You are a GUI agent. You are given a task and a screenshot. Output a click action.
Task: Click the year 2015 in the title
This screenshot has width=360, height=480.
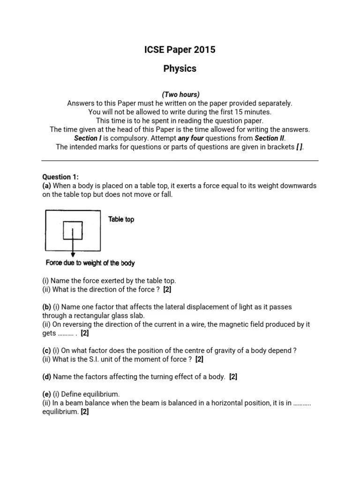point(205,50)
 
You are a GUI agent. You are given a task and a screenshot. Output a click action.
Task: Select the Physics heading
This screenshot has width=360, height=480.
point(180,68)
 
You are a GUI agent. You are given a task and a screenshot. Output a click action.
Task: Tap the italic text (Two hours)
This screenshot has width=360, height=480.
point(180,94)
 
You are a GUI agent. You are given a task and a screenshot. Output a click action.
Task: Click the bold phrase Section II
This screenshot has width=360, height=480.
point(270,138)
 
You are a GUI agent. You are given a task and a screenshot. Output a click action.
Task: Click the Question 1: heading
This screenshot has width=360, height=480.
point(60,177)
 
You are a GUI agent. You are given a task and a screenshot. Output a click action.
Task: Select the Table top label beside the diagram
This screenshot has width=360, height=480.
point(121,219)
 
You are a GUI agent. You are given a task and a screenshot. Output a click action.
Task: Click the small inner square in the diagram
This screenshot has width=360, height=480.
point(73,230)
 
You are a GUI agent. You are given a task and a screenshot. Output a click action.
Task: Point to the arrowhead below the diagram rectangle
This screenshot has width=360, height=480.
point(73,255)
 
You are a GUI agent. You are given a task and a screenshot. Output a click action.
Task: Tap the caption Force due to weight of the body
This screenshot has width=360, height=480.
point(90,263)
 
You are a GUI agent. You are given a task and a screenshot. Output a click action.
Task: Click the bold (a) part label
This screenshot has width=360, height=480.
point(47,186)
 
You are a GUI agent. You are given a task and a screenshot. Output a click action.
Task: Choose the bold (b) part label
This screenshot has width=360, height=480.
point(47,307)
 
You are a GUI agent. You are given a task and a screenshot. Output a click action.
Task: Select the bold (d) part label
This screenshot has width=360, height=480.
point(47,377)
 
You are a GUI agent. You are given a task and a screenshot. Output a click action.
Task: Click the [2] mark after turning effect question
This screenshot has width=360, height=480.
point(233,377)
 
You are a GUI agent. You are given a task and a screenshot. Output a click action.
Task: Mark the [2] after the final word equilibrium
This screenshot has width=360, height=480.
point(84,412)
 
